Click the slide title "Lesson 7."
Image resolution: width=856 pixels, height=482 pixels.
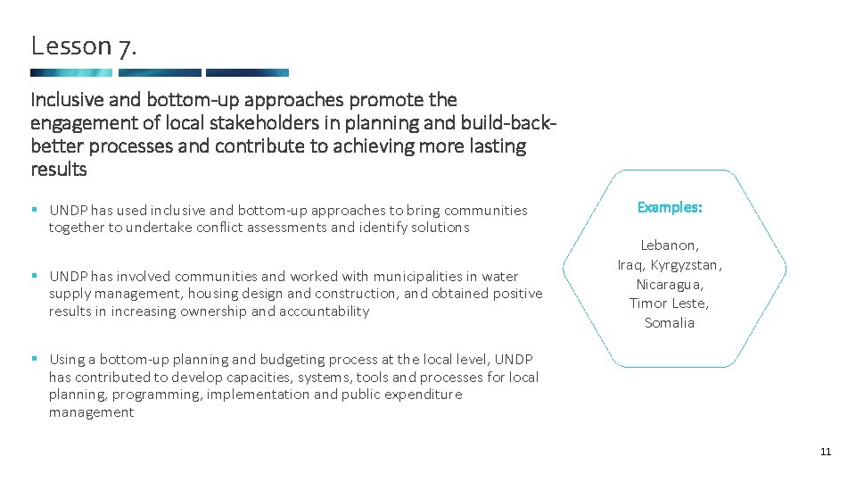pyautogui.click(x=85, y=46)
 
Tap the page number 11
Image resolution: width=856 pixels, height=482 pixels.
pyautogui.click(x=825, y=452)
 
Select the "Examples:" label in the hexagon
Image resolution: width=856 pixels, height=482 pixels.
pyautogui.click(x=670, y=207)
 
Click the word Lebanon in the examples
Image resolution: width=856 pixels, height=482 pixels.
pyautogui.click(x=670, y=245)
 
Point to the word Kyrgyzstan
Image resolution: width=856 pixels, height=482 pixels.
pyautogui.click(x=686, y=265)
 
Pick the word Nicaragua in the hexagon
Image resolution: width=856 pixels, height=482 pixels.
pyautogui.click(x=670, y=285)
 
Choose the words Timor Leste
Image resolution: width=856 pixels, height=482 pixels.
pyautogui.click(x=669, y=303)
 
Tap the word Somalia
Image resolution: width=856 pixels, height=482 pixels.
pyautogui.click(x=670, y=323)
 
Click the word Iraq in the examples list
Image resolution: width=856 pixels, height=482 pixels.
pyautogui.click(x=631, y=265)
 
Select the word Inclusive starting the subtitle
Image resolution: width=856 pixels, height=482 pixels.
pyautogui.click(x=66, y=100)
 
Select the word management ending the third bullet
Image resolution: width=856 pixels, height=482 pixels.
pyautogui.click(x=91, y=412)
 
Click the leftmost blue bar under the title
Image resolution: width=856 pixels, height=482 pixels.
pyautogui.click(x=71, y=73)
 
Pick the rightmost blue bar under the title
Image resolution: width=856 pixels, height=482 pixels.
pyautogui.click(x=247, y=73)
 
